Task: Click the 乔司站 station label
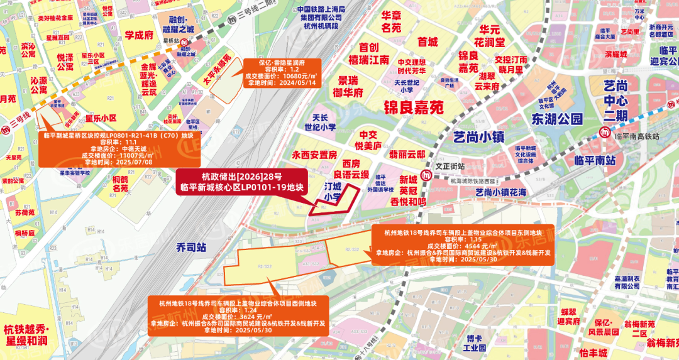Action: tap(191, 247)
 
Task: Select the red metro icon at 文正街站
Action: tap(428, 173)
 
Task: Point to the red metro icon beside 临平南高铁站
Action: tap(604, 133)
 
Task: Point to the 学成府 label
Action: tap(139, 35)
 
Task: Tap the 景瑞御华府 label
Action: tap(351, 87)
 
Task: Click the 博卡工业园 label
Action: tap(475, 342)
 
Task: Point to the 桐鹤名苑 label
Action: tap(120, 183)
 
